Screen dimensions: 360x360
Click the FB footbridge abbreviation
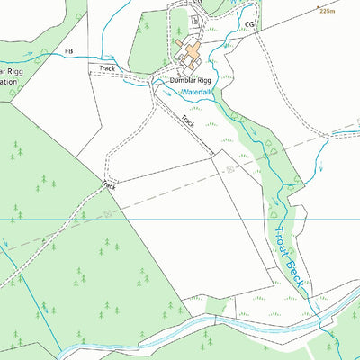(68, 51)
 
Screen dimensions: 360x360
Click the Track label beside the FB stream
(107, 68)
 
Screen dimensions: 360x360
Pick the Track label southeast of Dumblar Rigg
(187, 120)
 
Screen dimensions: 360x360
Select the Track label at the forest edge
(110, 185)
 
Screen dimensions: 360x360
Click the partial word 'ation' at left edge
(9, 81)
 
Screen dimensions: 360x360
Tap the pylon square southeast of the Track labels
(230, 168)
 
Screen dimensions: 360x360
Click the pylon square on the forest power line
(108, 213)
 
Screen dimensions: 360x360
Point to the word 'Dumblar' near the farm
(182, 81)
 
